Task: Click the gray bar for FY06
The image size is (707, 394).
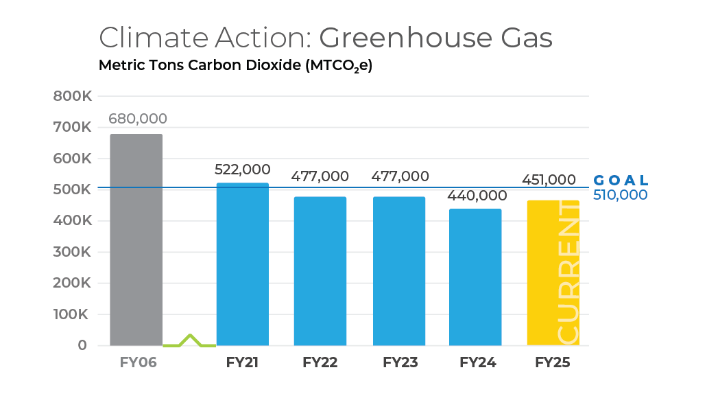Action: [x=136, y=240]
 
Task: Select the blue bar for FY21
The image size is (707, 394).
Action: [x=242, y=264]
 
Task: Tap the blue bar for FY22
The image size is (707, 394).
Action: [x=320, y=271]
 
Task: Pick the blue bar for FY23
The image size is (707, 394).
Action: [x=399, y=271]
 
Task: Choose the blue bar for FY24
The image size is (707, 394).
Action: [x=475, y=277]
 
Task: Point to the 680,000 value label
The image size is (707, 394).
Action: [x=138, y=119]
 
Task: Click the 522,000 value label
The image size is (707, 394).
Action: [x=242, y=170]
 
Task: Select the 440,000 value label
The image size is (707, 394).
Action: [x=475, y=196]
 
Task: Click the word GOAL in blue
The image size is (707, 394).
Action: [x=621, y=181]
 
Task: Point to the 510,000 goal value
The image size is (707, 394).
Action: [x=621, y=195]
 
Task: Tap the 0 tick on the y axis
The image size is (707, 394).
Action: [x=82, y=345]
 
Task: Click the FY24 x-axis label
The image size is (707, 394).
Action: [x=477, y=362]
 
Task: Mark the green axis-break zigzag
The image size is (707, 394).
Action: [x=189, y=340]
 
